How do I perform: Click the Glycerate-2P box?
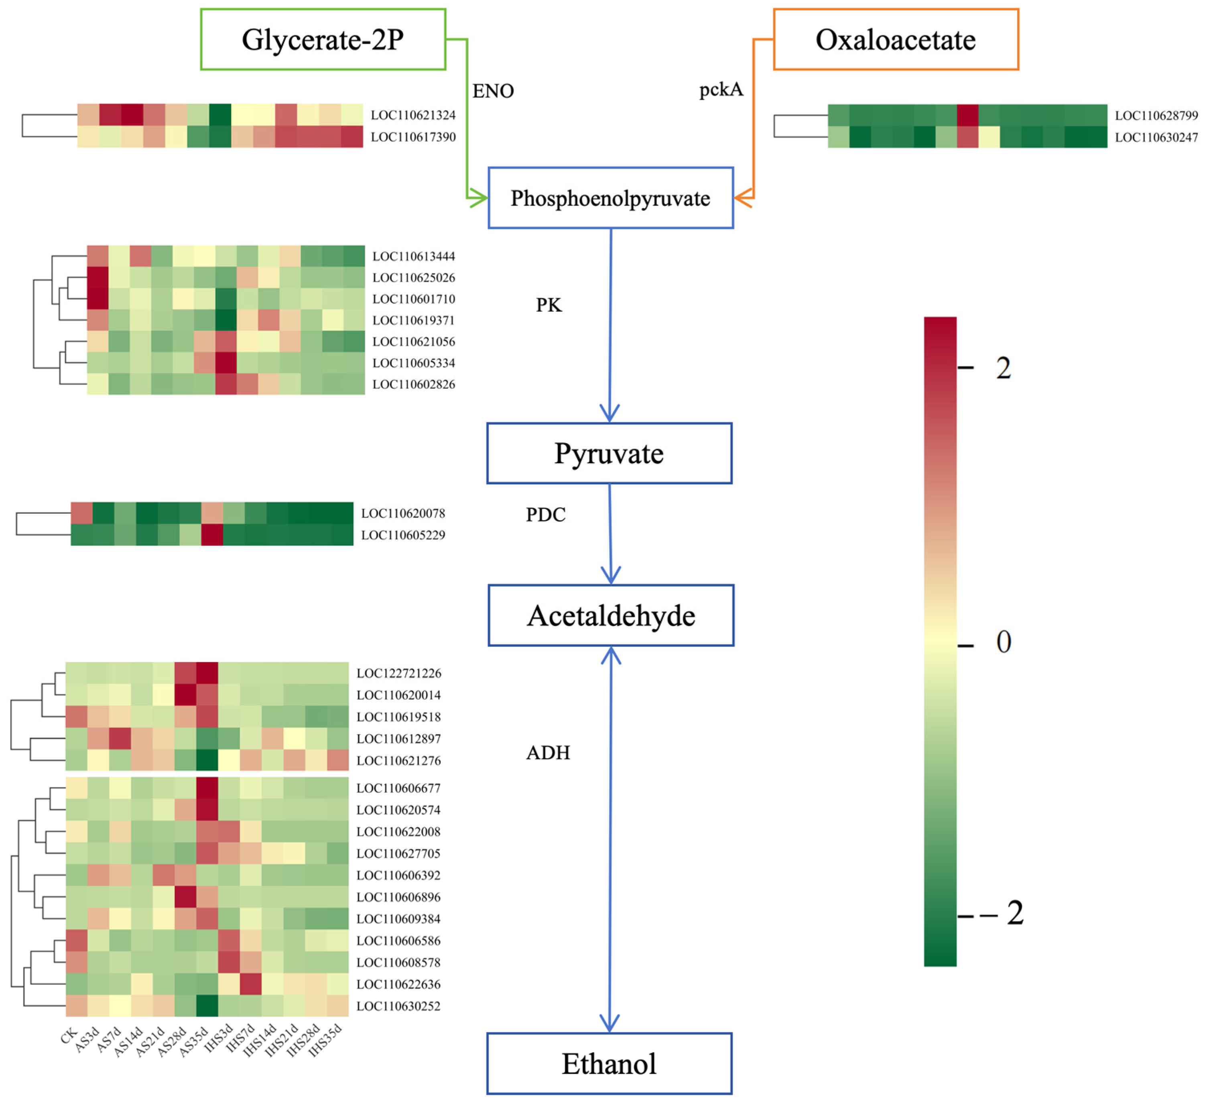[323, 39]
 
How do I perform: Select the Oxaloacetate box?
[896, 39]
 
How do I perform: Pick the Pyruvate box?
[609, 454]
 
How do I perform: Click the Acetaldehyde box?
[611, 616]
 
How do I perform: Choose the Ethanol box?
[609, 1064]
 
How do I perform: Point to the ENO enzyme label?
[493, 91]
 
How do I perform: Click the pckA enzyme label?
[721, 90]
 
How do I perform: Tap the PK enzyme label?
[549, 305]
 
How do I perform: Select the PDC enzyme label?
[545, 515]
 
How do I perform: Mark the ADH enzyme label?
[548, 753]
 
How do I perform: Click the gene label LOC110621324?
[413, 115]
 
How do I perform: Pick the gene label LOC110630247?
[1156, 138]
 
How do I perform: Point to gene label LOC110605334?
[413, 363]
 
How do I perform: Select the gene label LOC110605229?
[403, 535]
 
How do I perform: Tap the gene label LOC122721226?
[399, 673]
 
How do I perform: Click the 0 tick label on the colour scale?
[1004, 642]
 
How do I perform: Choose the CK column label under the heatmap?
[69, 1035]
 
